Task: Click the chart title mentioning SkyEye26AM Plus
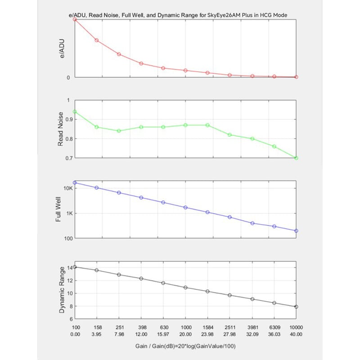point(178,15)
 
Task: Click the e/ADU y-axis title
point(62,49)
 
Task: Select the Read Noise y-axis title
point(60,129)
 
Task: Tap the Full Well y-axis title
point(58,209)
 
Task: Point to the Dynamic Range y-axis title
point(62,290)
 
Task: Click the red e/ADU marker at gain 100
point(75,19)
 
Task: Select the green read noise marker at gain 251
point(119,131)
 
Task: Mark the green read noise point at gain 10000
point(296,158)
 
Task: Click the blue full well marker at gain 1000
point(185,207)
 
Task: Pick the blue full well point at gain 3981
point(252,223)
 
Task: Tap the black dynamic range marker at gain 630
point(163,283)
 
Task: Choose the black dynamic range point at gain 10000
point(296,307)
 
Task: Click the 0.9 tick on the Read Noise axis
point(69,119)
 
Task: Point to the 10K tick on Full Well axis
point(68,188)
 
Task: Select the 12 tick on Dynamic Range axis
point(70,280)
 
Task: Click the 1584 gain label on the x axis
point(208,327)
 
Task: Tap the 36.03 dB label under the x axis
point(274,334)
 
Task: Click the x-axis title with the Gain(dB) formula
point(185,346)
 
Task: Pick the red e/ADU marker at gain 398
point(141,63)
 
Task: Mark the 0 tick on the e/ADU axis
point(68,77)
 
